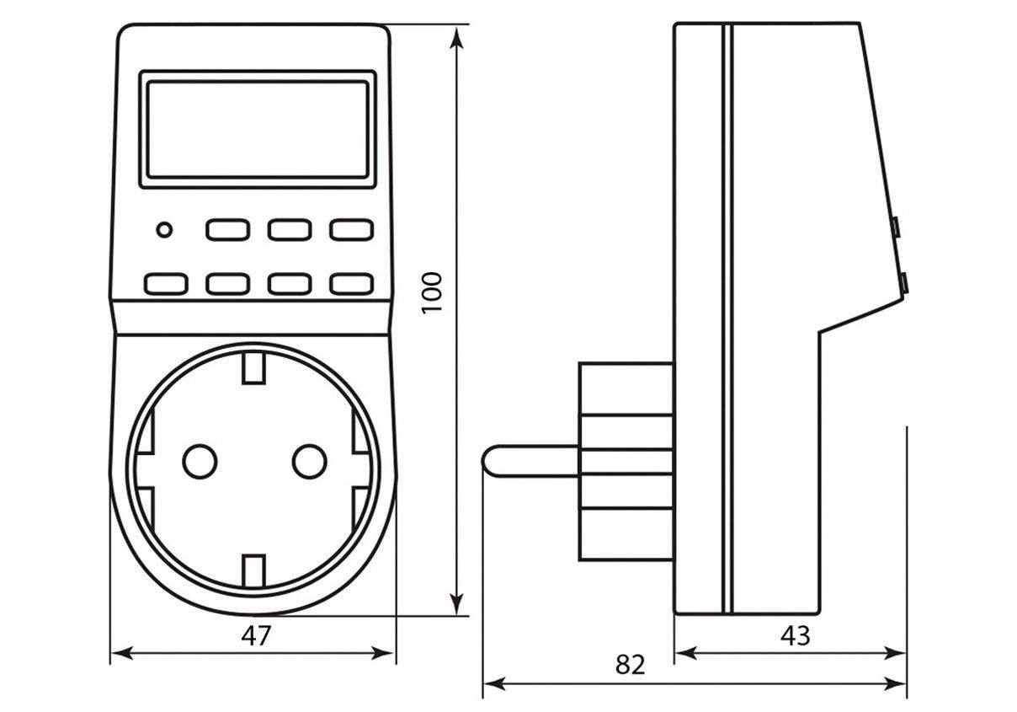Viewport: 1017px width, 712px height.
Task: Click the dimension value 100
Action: point(432,292)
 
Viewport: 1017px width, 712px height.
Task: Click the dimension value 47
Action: point(256,636)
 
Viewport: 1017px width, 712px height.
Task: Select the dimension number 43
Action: point(795,635)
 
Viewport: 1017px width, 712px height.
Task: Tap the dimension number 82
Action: point(630,665)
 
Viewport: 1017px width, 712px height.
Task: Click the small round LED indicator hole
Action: point(164,229)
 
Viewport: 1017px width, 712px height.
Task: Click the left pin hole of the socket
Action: point(200,461)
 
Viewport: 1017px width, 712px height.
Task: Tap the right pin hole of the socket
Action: point(309,461)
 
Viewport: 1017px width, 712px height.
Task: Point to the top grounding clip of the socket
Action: point(253,368)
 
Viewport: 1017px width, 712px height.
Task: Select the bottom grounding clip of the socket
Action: point(253,570)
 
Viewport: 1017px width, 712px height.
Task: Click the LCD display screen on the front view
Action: point(258,129)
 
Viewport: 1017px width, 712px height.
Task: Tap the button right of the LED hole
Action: point(227,229)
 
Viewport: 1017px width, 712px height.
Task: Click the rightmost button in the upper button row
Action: point(351,229)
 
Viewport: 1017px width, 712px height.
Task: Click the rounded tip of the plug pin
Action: point(489,459)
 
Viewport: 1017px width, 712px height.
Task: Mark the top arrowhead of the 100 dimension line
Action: point(457,35)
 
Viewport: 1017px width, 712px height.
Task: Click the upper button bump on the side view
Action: point(896,227)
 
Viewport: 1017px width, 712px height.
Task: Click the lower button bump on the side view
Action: point(903,283)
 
